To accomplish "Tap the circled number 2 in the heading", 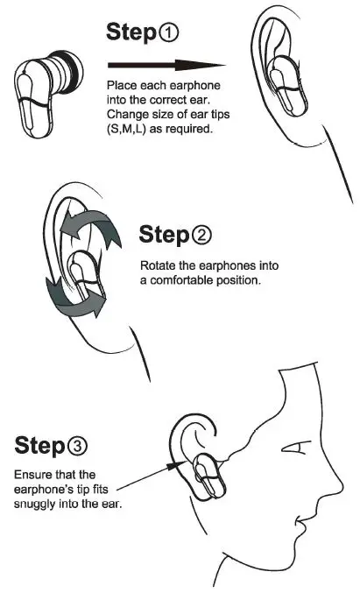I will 201,236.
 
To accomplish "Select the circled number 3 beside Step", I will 77,447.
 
